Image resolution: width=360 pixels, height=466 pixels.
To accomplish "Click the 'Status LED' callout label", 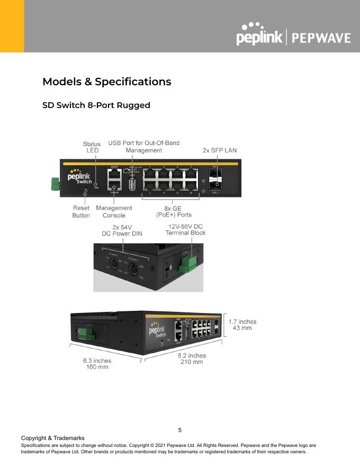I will click(x=92, y=147).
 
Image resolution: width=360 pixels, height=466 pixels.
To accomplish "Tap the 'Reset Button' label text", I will click(x=81, y=212).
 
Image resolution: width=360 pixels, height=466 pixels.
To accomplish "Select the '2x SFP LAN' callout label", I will click(x=220, y=150).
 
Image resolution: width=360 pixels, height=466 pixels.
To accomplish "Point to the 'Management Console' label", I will click(x=114, y=212).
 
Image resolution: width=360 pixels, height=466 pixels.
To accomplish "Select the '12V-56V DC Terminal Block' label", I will click(x=185, y=229).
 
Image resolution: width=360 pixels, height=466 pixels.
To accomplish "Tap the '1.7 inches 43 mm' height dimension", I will click(x=242, y=325).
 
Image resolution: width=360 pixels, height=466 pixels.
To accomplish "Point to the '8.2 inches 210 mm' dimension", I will click(x=192, y=359).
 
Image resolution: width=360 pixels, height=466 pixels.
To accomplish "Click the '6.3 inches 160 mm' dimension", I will click(x=97, y=364).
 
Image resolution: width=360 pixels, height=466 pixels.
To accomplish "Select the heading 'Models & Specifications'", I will click(x=106, y=82).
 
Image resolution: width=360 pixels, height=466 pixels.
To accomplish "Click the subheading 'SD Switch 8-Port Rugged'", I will click(x=96, y=105).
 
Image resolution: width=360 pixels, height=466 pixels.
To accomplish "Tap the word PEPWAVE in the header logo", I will click(x=321, y=38).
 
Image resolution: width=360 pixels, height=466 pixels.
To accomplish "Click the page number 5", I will click(x=180, y=430).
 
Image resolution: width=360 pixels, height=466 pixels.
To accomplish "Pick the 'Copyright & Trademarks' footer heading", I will click(x=52, y=438).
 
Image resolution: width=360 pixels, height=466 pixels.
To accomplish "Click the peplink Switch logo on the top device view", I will click(x=80, y=176).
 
